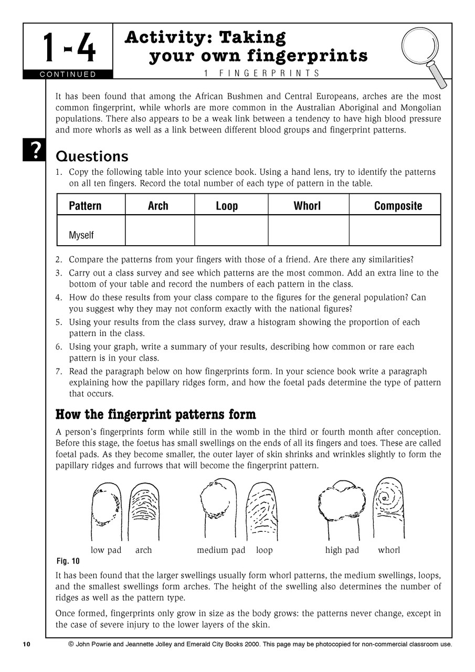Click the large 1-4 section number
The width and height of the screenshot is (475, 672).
point(69,47)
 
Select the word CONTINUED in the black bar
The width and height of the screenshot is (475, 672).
point(68,74)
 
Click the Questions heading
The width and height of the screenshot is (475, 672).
point(92,156)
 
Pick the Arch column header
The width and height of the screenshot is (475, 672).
point(158,205)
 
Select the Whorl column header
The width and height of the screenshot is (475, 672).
point(307,205)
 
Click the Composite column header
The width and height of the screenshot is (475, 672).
point(398,205)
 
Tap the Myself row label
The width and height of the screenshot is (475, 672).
point(81,235)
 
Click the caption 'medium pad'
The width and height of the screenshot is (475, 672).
point(221,550)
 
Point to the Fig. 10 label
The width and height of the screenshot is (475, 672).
point(68,561)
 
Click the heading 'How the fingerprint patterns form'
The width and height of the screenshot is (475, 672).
point(156,415)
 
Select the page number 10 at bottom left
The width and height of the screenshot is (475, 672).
point(27,644)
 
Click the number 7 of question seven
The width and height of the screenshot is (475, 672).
point(59,371)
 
